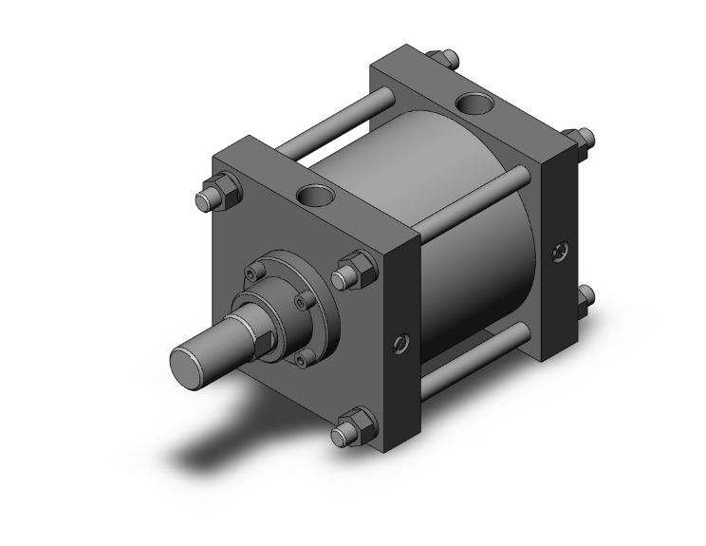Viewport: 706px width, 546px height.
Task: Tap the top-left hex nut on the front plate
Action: [209, 198]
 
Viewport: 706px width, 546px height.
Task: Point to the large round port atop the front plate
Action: [313, 196]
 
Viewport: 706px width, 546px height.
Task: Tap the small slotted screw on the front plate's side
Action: [399, 340]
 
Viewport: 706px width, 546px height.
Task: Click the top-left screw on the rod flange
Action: [253, 272]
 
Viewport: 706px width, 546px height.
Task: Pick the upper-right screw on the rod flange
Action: [302, 302]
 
